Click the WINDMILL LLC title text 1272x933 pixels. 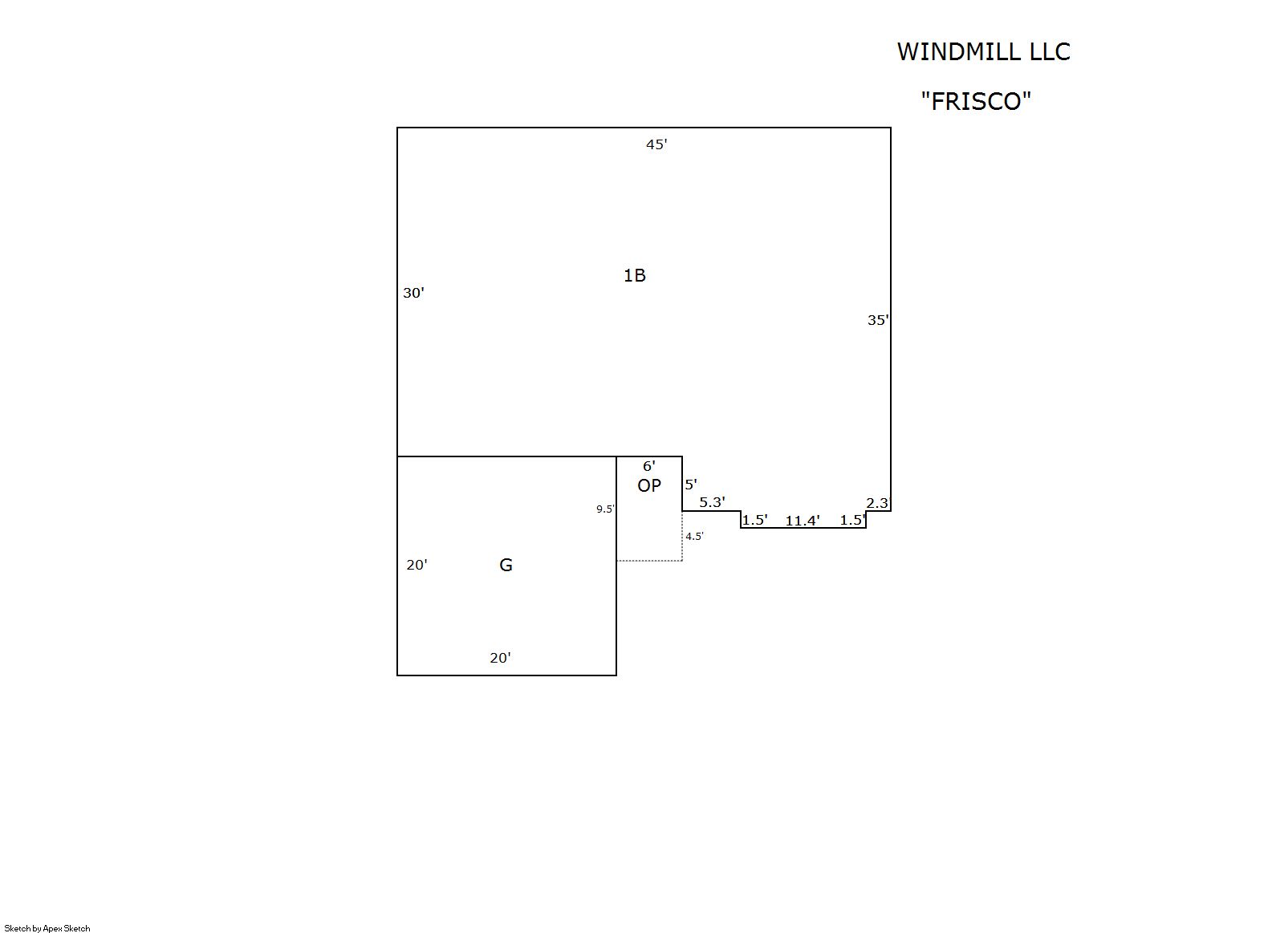coord(984,51)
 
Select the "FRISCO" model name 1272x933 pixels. coord(976,102)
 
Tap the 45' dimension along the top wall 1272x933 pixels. coord(656,144)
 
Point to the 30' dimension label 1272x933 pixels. coord(413,293)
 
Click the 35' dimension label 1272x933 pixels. coord(878,320)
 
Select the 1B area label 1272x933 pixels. coord(635,275)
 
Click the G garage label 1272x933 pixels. coord(506,565)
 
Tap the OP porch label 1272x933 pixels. coord(649,485)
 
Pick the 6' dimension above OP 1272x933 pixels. coord(649,466)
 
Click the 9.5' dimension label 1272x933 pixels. coord(605,509)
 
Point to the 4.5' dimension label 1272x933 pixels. coord(694,537)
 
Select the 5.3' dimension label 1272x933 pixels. coord(712,502)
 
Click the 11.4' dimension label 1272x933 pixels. coord(803,521)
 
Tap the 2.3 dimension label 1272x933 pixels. coord(877,503)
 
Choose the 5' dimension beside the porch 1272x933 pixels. coord(691,485)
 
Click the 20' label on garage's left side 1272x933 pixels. coord(417,565)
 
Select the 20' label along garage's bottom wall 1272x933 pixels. coord(500,658)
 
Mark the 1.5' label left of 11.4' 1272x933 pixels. coord(755,520)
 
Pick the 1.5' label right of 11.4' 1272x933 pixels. coord(853,520)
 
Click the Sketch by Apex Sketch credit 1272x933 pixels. coord(47,928)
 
